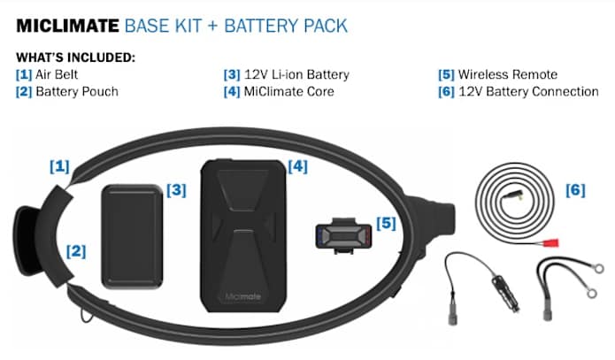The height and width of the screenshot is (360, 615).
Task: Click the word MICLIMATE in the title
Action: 67,26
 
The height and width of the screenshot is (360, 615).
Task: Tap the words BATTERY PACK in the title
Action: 286,26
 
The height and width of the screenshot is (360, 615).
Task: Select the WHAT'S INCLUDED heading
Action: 76,57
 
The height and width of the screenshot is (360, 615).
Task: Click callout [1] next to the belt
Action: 59,166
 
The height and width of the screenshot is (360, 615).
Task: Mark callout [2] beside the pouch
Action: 76,251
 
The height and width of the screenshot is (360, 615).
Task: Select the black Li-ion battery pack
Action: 132,236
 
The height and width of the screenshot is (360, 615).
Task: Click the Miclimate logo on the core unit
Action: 242,296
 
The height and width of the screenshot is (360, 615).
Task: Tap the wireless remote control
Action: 343,235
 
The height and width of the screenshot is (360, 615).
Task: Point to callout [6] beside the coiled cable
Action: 575,190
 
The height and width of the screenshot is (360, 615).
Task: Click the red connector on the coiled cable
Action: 550,243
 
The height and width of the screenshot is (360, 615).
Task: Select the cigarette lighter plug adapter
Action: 504,293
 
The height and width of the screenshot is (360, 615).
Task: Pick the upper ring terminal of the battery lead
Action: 598,269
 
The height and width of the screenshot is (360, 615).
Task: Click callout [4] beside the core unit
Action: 297,166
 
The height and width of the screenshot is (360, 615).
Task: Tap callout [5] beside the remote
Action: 386,223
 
